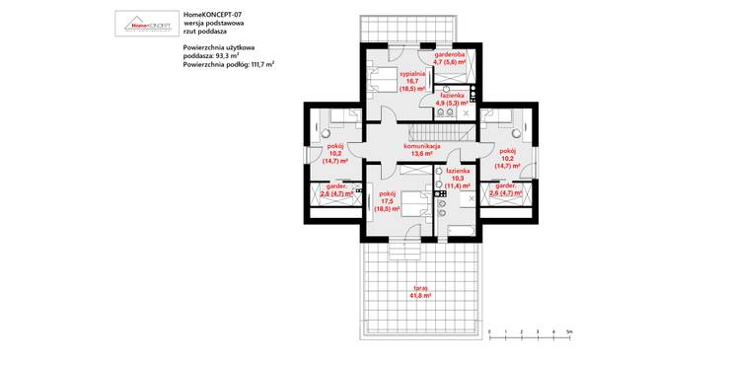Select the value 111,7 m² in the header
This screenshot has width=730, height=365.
[x=258, y=63]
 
